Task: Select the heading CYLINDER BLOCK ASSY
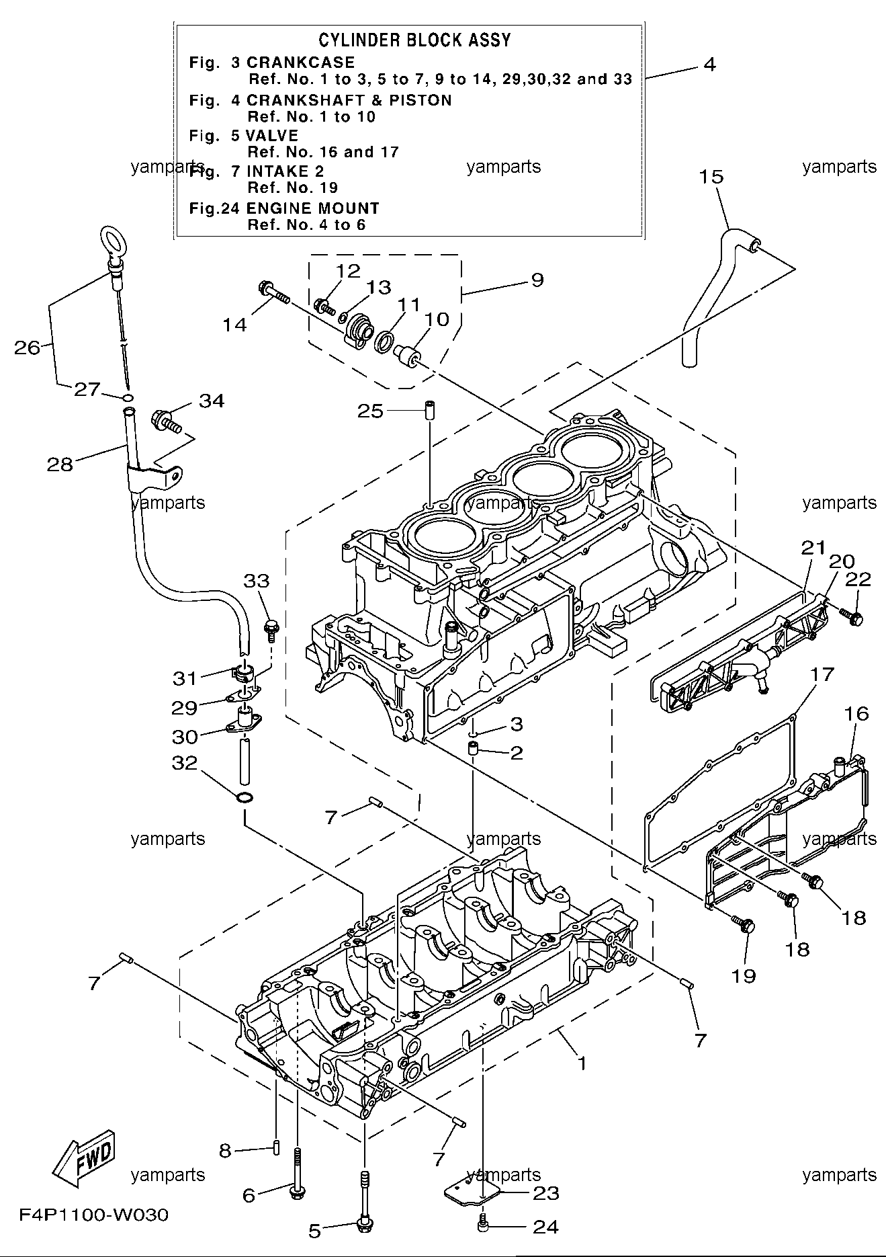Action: click(414, 40)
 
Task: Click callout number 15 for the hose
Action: click(711, 177)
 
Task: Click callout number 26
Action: click(28, 348)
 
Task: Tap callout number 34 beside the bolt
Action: click(211, 401)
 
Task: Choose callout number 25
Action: click(370, 411)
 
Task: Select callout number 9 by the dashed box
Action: click(537, 280)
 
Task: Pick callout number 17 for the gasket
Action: click(822, 674)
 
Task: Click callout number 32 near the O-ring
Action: click(184, 763)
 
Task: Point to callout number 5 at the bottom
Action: click(314, 1231)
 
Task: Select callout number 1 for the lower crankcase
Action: click(582, 1063)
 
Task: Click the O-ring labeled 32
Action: click(245, 798)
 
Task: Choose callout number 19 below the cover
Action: click(744, 976)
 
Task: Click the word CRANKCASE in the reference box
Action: click(301, 63)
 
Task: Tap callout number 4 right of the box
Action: click(710, 65)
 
